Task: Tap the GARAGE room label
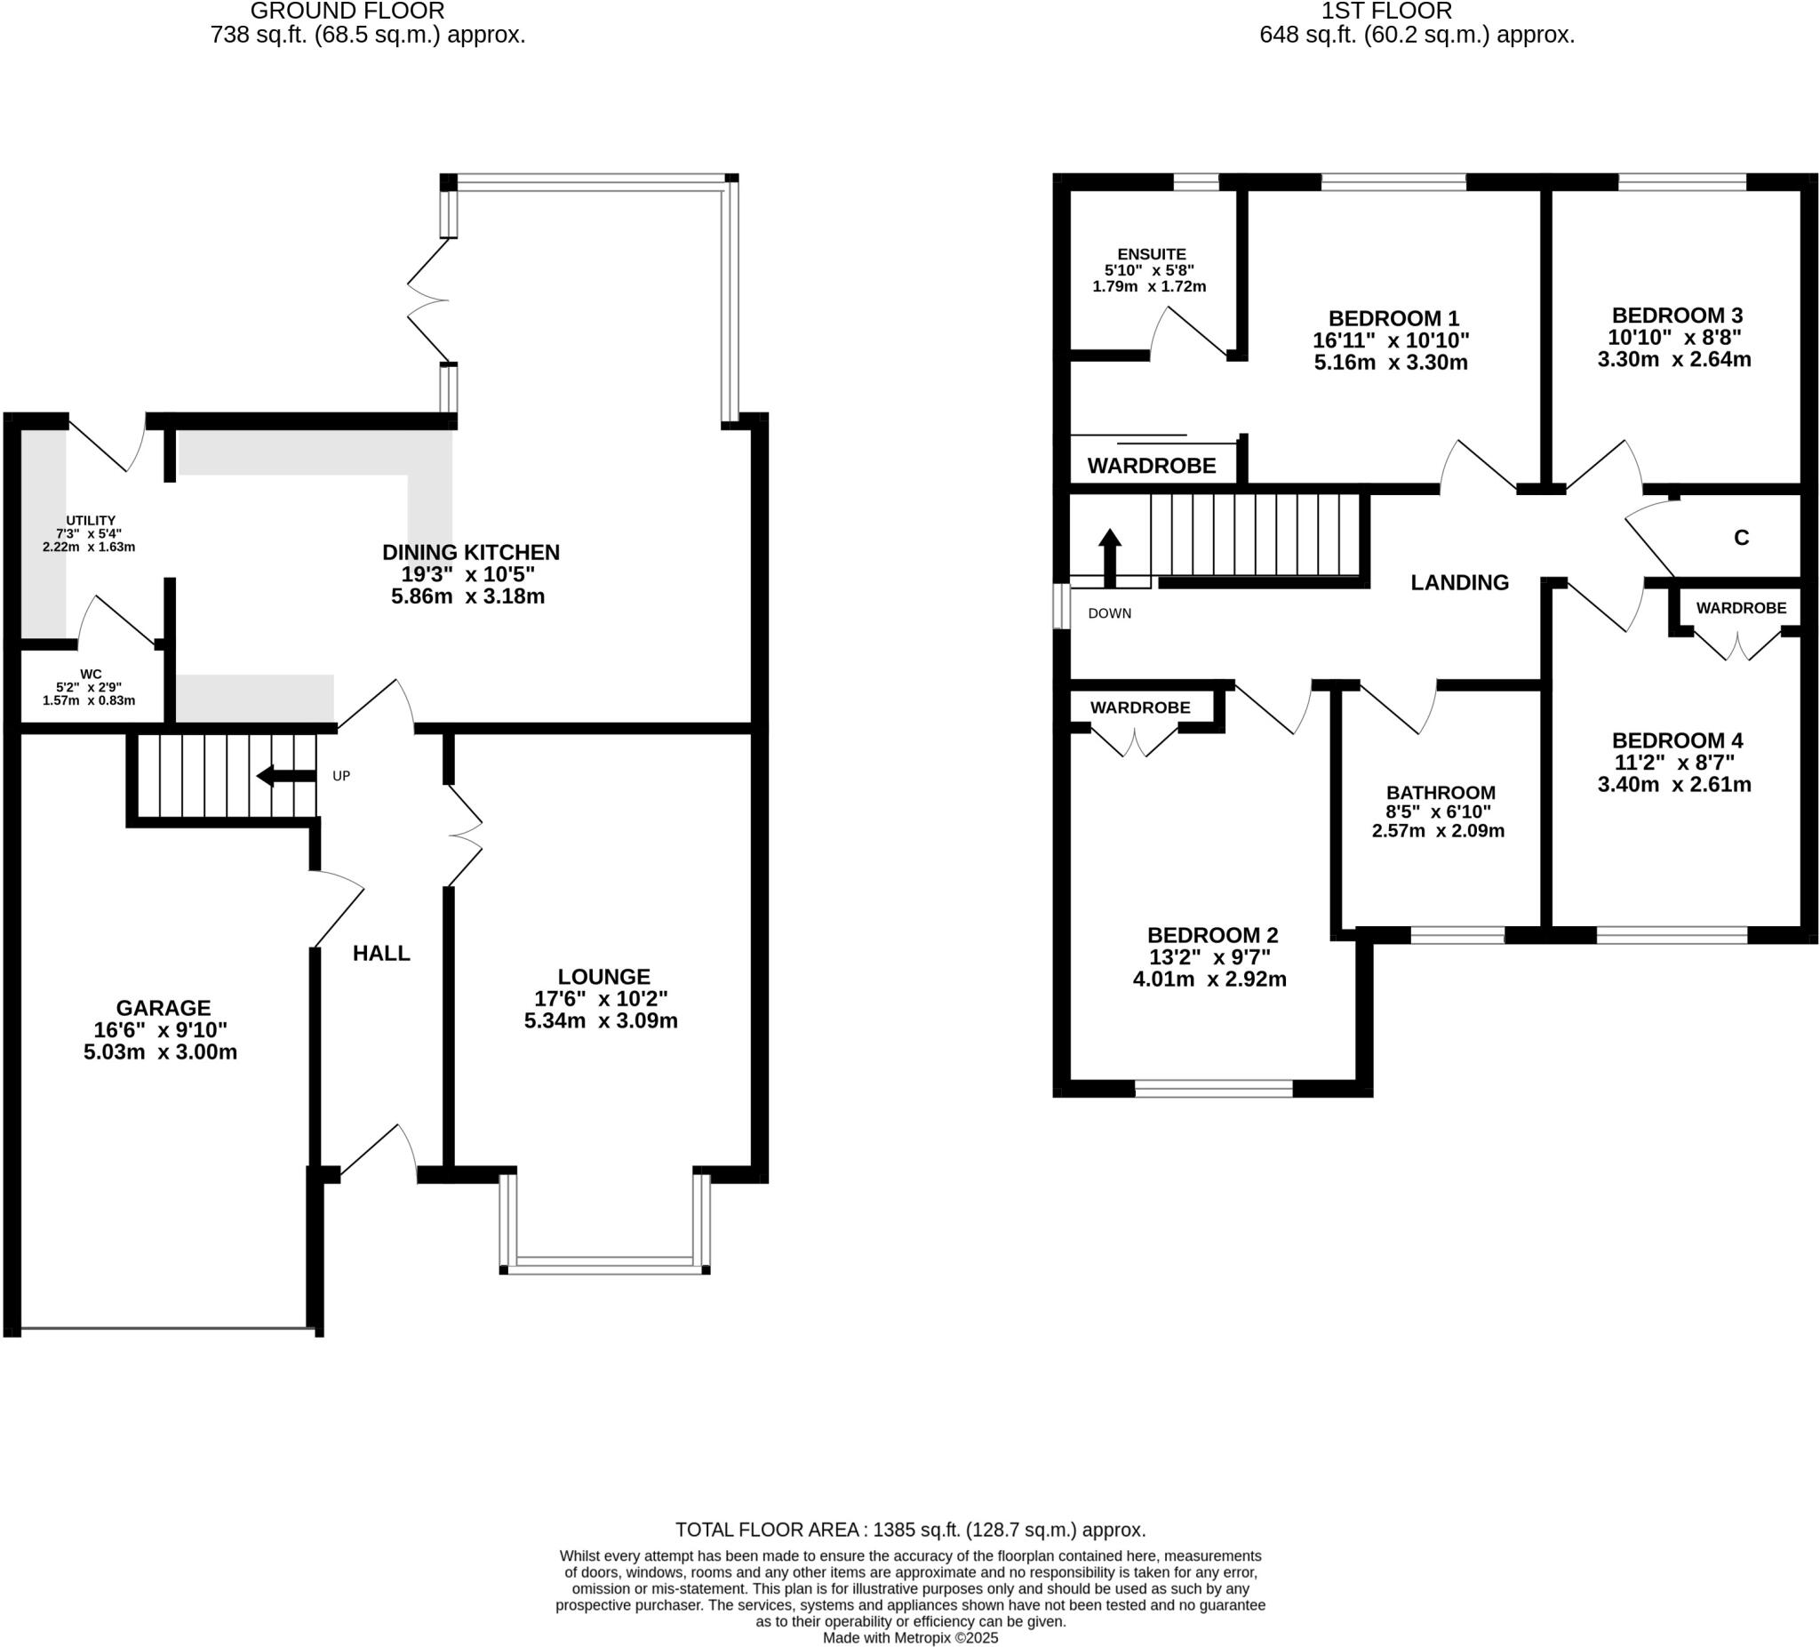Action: [x=164, y=1008]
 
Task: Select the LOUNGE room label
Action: [x=603, y=976]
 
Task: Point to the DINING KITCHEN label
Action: [x=470, y=552]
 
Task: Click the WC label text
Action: [x=91, y=674]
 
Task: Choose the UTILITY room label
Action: [x=91, y=520]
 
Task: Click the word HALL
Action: [x=381, y=953]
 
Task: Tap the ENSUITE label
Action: [x=1151, y=254]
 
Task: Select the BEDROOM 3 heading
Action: [x=1676, y=316]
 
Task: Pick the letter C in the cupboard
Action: [x=1741, y=538]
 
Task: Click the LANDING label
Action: [x=1459, y=582]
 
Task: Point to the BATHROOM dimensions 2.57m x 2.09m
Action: [x=1437, y=831]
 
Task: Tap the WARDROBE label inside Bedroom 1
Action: [x=1151, y=466]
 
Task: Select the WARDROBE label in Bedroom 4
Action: [x=1740, y=608]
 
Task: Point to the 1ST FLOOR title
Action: [x=1417, y=12]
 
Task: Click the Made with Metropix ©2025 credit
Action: [x=910, y=1637]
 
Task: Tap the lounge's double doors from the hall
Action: [x=466, y=835]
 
